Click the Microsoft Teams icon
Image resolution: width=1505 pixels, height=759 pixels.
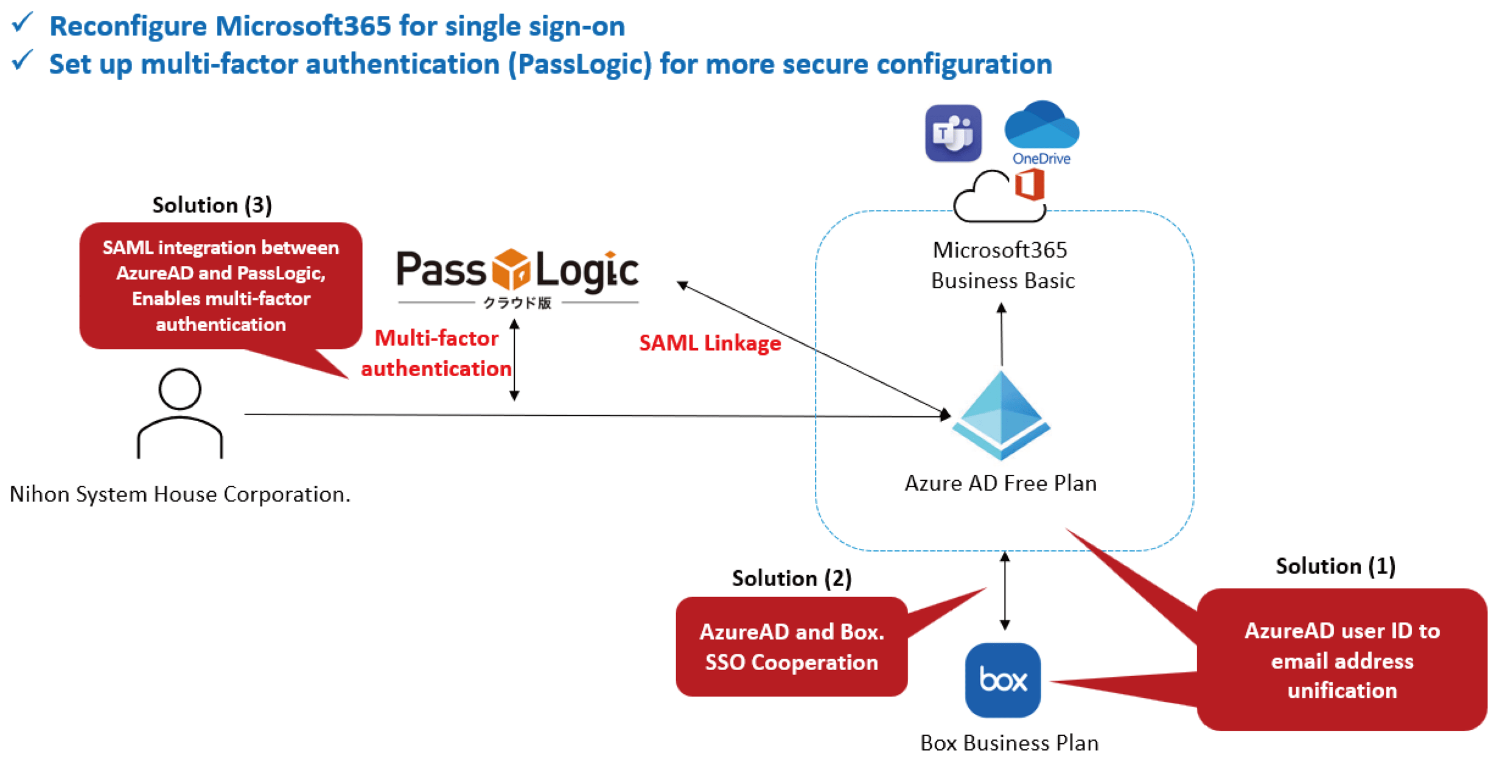pyautogui.click(x=952, y=133)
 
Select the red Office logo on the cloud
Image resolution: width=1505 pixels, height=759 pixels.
pyautogui.click(x=1029, y=184)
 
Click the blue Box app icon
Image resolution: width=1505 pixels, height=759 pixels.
pyautogui.click(x=1002, y=679)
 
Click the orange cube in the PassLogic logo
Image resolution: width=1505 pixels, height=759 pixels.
pyautogui.click(x=511, y=268)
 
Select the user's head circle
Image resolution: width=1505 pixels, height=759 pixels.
pyautogui.click(x=180, y=388)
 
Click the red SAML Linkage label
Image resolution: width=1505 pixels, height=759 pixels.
pyautogui.click(x=710, y=343)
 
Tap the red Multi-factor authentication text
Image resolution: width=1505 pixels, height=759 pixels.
pyautogui.click(x=436, y=353)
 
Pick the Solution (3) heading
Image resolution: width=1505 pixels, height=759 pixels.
pyautogui.click(x=212, y=205)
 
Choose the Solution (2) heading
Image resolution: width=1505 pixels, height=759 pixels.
pyautogui.click(x=791, y=578)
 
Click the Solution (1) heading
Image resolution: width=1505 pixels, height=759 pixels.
pyautogui.click(x=1335, y=565)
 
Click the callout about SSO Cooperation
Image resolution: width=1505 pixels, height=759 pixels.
pyautogui.click(x=791, y=646)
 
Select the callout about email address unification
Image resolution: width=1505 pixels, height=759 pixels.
pyautogui.click(x=1342, y=660)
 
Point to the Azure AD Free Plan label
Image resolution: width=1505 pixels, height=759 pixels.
pyautogui.click(x=1000, y=483)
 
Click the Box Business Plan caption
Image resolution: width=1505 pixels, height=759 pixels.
pyautogui.click(x=1009, y=743)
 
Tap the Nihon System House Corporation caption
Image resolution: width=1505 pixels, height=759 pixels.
pyautogui.click(x=180, y=494)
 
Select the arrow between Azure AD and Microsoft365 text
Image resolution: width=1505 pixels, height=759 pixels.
pyautogui.click(x=1001, y=335)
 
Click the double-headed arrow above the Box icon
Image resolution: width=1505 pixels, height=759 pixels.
pyautogui.click(x=1005, y=590)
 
